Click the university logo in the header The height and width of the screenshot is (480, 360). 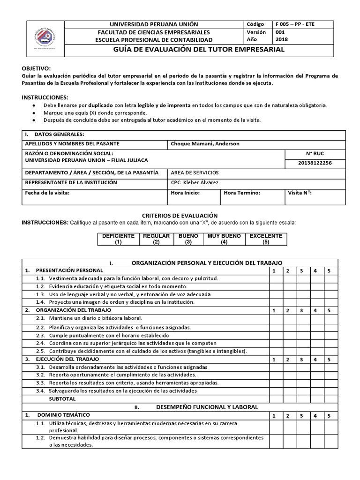click(44, 38)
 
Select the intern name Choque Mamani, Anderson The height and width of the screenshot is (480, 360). click(205, 144)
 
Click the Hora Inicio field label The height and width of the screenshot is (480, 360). click(186, 193)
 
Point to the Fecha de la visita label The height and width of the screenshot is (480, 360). click(47, 193)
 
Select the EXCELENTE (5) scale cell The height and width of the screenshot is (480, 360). click(266, 239)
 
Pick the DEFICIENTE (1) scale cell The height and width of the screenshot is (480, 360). click(118, 239)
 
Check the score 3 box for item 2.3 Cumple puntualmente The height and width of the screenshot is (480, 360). click(302, 335)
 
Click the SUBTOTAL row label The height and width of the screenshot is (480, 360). click(62, 398)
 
